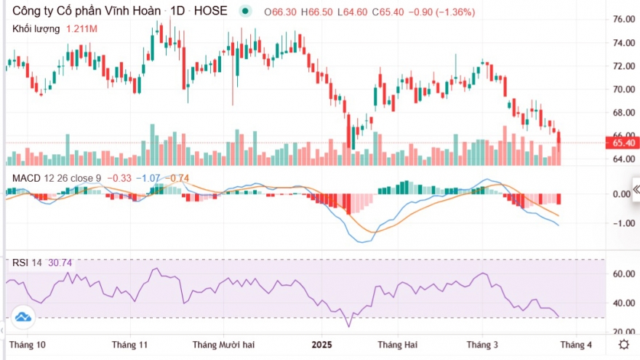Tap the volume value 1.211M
pyautogui.click(x=81, y=28)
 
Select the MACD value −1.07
pyautogui.click(x=151, y=177)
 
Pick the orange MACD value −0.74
pyautogui.click(x=179, y=177)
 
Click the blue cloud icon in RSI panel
pyautogui.click(x=23, y=317)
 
